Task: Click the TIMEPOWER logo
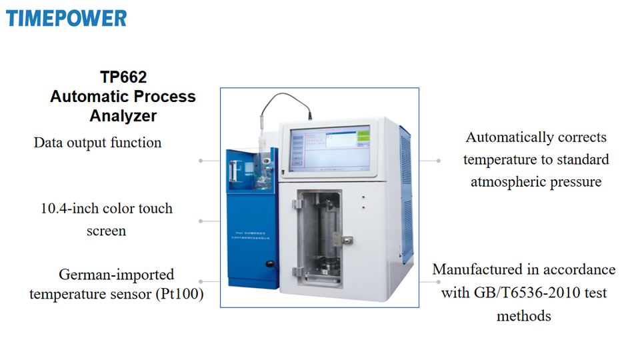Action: [x=66, y=17]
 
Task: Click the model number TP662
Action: [x=123, y=77]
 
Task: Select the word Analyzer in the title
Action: [x=123, y=115]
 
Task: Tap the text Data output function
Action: [x=97, y=142]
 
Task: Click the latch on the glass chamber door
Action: [x=347, y=238]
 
